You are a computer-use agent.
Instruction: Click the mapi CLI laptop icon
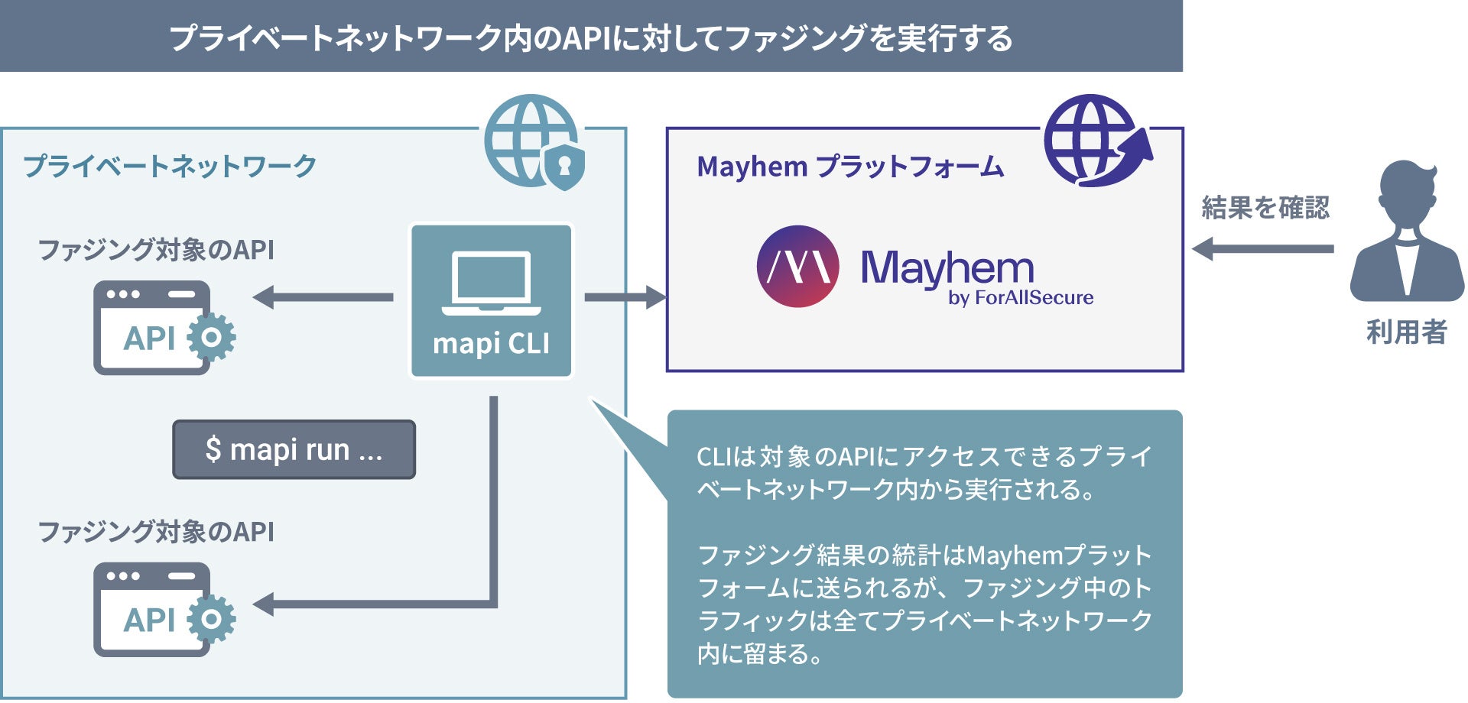click(x=491, y=283)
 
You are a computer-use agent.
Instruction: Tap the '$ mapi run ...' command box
click(x=294, y=449)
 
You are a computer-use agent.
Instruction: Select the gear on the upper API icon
click(x=212, y=337)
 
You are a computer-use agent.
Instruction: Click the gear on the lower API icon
click(x=212, y=619)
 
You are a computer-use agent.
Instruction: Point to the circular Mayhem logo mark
click(x=797, y=266)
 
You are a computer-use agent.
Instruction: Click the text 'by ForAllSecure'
click(x=1020, y=298)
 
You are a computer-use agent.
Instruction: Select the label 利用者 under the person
click(x=1406, y=332)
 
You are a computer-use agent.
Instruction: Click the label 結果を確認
click(x=1265, y=208)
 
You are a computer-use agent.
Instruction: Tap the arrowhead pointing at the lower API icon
click(x=264, y=604)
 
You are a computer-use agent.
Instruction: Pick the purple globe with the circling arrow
click(x=1095, y=141)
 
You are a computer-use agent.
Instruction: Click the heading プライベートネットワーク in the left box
click(x=170, y=166)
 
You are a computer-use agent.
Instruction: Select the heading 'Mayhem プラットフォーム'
click(x=849, y=167)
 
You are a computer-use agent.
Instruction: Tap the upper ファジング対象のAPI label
click(x=156, y=250)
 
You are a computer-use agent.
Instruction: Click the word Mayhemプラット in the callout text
click(x=1058, y=555)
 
